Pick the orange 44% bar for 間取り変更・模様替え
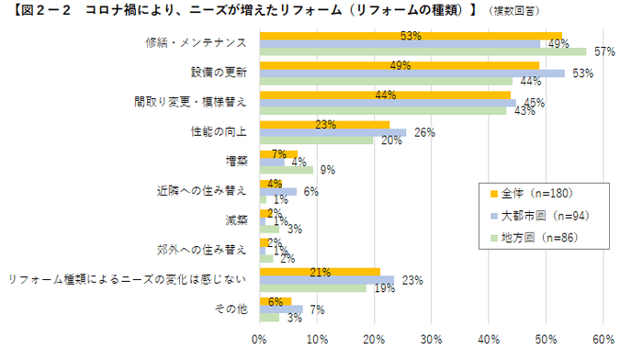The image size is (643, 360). point(385,95)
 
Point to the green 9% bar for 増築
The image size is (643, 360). point(287,169)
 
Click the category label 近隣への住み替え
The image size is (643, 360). point(202,191)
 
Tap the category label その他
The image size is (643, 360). point(233,309)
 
